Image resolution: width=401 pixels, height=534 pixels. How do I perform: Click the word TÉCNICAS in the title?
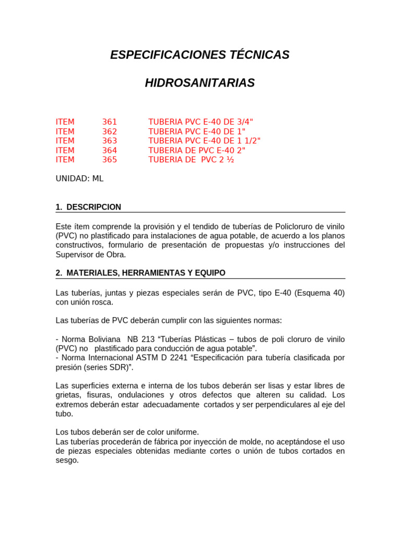pyautogui.click(x=255, y=55)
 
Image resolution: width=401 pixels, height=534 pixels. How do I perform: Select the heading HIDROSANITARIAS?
pyautogui.click(x=200, y=83)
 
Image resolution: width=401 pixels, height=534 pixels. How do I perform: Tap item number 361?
pyautogui.click(x=110, y=122)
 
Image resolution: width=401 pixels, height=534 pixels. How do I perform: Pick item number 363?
pyautogui.click(x=110, y=141)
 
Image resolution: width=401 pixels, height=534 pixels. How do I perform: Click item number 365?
pyautogui.click(x=110, y=160)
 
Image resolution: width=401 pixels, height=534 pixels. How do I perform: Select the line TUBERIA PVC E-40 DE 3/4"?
pyautogui.click(x=197, y=122)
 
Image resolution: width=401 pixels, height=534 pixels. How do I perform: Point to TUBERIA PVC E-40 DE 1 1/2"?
pyautogui.click(x=204, y=141)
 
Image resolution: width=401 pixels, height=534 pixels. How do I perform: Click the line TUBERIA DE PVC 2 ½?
pyautogui.click(x=191, y=160)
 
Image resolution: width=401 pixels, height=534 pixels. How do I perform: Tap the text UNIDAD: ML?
pyautogui.click(x=79, y=178)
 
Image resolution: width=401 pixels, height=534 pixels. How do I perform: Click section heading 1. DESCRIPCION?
pyautogui.click(x=88, y=207)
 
